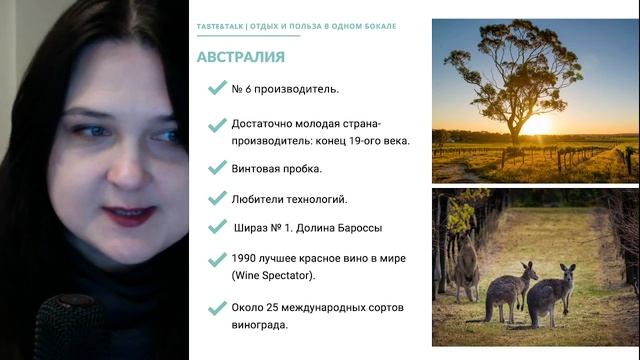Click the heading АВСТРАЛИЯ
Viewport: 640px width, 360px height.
click(241, 57)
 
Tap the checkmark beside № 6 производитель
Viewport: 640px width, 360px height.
click(215, 88)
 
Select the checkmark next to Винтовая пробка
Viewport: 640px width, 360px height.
click(215, 167)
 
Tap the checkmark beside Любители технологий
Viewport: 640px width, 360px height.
click(215, 198)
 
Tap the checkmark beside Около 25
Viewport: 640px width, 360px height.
click(215, 308)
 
